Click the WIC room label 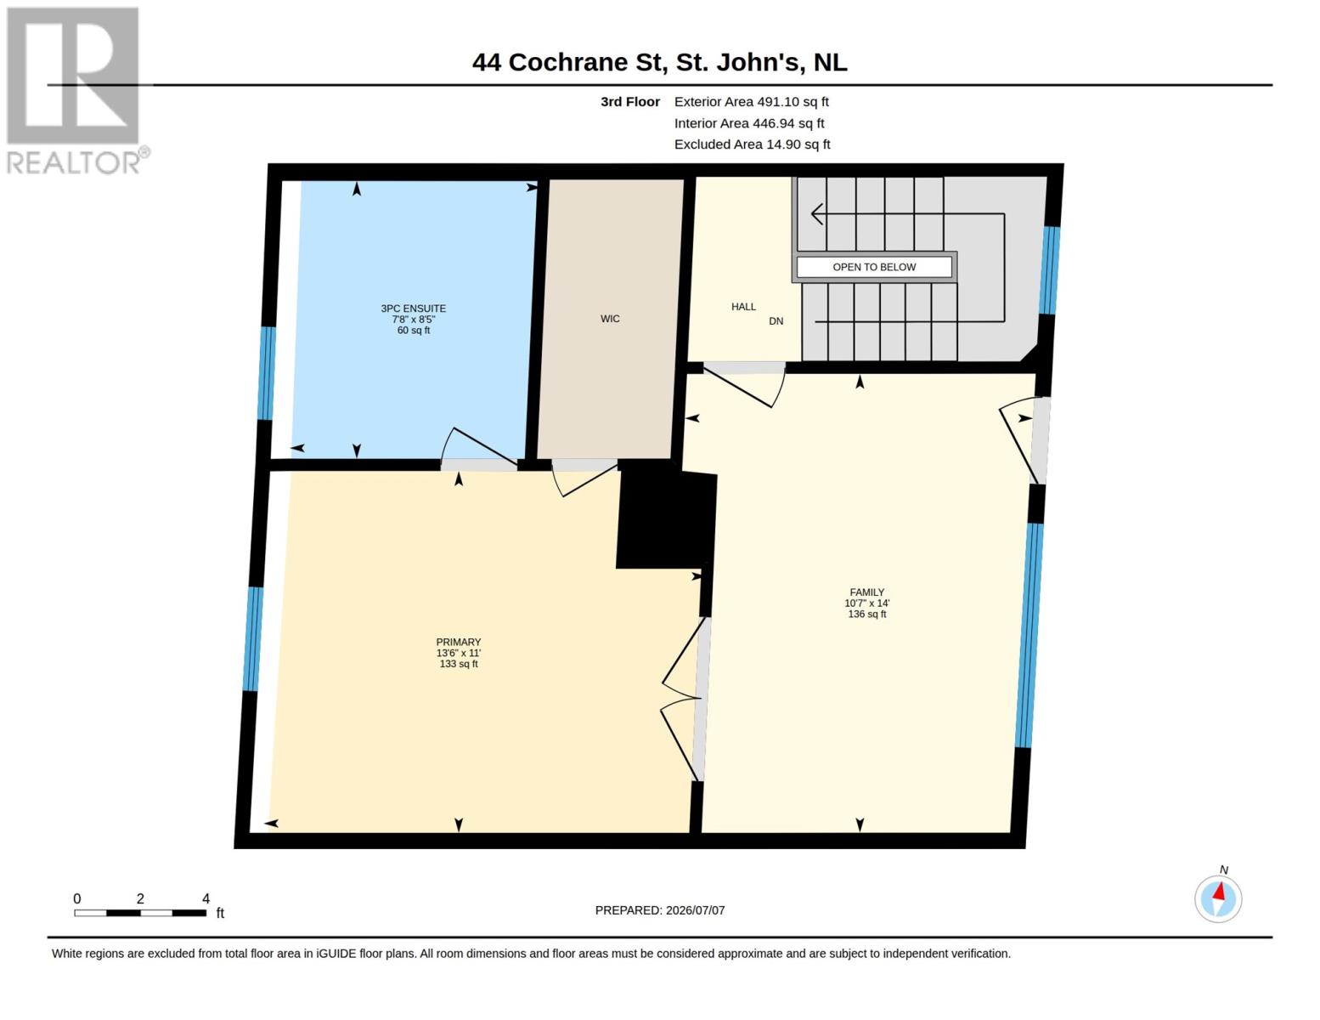point(610,319)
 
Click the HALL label point(743,307)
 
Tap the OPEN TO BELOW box point(874,267)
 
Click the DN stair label point(776,321)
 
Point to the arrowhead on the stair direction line point(817,214)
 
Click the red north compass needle point(1219,892)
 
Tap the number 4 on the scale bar point(206,898)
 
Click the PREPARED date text point(660,910)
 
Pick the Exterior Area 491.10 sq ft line point(752,101)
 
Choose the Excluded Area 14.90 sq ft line point(752,144)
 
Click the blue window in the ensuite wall point(266,373)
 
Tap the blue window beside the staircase point(1050,270)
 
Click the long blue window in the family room point(1029,635)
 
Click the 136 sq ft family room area point(867,614)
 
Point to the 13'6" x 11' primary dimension point(458,653)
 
